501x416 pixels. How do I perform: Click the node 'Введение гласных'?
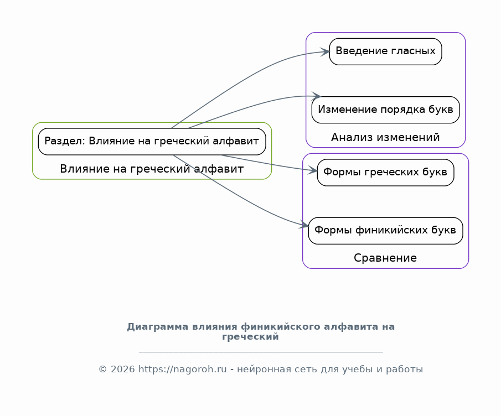click(x=385, y=51)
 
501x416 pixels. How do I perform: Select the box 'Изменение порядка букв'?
click(x=385, y=110)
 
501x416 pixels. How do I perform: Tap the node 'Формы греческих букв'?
click(x=385, y=173)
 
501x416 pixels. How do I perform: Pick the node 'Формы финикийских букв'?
click(x=385, y=231)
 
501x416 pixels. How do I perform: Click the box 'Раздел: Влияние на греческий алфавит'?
click(x=152, y=142)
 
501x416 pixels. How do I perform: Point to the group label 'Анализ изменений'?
click(x=385, y=137)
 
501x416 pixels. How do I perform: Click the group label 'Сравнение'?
click(x=385, y=258)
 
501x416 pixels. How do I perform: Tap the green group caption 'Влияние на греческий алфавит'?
click(x=152, y=169)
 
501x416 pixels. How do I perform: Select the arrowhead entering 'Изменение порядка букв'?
click(x=316, y=96)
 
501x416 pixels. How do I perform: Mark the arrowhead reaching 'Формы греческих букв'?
click(x=312, y=170)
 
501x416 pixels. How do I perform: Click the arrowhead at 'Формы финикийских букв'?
click(x=304, y=225)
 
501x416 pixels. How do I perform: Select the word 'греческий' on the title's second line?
click(x=250, y=336)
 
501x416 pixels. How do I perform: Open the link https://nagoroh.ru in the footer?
click(x=183, y=369)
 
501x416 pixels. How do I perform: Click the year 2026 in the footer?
click(x=123, y=369)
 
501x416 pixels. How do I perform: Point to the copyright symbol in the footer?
click(x=102, y=370)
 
